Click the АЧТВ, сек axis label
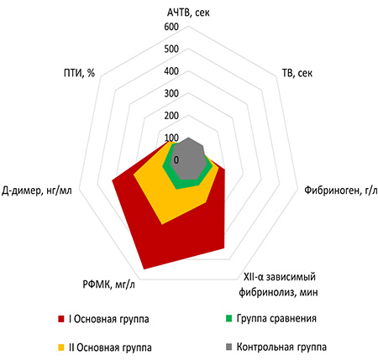pyautogui.click(x=188, y=13)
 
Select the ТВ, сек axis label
pyautogui.click(x=297, y=73)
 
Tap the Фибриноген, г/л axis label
pyautogui.click(x=341, y=190)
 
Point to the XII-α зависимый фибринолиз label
pyautogui.click(x=278, y=284)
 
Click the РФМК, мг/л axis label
pyautogui.click(x=108, y=284)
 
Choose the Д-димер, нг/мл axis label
pyautogui.click(x=37, y=190)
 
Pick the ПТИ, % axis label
pyautogui.click(x=79, y=73)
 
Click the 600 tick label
pyautogui.click(x=171, y=27)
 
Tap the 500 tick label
pyautogui.click(x=171, y=49)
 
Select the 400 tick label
pyautogui.click(x=171, y=71)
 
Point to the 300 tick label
pyautogui.click(x=171, y=93)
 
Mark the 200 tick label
pyautogui.click(x=171, y=116)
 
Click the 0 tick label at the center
pyautogui.click(x=176, y=160)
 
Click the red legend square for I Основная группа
pyautogui.click(x=61, y=319)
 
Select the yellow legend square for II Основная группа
pyautogui.click(x=61, y=347)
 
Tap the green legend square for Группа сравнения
pyautogui.click(x=229, y=319)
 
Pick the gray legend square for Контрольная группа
pyautogui.click(x=229, y=347)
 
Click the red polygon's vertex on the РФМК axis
pyautogui.click(x=144, y=269)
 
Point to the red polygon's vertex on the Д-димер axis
pyautogui.click(x=113, y=180)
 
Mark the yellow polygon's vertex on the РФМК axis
pyautogui.click(x=162, y=224)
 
